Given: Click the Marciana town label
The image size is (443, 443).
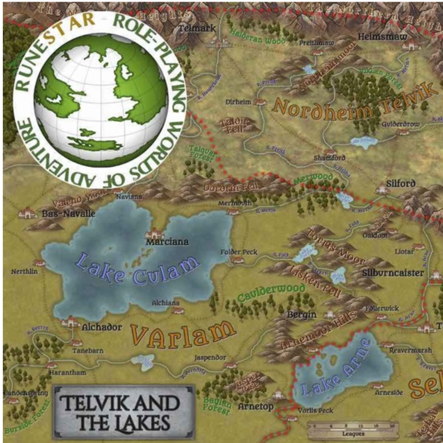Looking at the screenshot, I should [167, 242].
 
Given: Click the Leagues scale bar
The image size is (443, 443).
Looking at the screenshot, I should [353, 429].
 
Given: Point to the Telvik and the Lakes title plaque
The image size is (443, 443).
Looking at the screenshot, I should [123, 411].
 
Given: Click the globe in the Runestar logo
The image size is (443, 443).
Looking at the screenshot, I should [100, 100].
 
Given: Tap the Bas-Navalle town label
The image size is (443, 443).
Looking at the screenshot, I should [69, 214].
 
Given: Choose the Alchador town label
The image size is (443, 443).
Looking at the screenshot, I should [102, 327].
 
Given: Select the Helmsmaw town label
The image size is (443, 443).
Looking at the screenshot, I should [383, 37].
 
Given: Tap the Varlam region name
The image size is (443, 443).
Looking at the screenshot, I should [183, 333].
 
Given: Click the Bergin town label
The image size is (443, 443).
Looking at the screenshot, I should [301, 315].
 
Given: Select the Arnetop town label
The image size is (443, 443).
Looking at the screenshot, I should [256, 406].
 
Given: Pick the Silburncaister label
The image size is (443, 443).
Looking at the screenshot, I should [393, 273].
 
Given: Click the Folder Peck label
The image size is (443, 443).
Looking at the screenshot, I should [239, 252].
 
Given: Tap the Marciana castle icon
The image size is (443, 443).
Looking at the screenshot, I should [156, 233].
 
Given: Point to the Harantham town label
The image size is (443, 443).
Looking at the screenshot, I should [67, 373].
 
